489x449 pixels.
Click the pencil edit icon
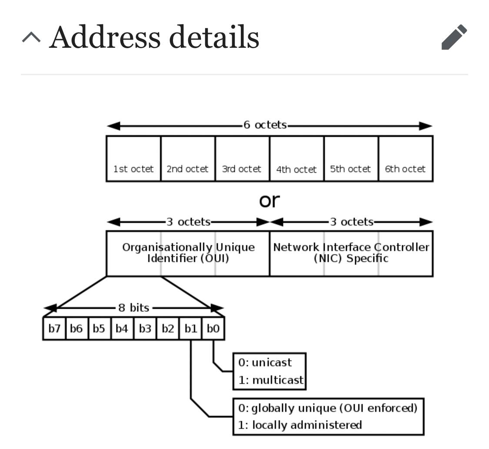454,37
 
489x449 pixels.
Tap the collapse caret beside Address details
31,37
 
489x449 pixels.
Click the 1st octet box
133,158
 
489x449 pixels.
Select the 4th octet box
296,158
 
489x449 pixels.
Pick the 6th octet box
406,158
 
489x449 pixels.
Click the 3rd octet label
241,169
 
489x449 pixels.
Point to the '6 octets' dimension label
265,125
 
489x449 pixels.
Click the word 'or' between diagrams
269,201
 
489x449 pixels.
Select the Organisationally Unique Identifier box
188,253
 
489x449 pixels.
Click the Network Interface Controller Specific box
352,253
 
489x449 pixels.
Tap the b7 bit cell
54,328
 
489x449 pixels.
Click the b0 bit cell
213,328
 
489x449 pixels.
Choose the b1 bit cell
191,328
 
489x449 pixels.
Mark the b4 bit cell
122,328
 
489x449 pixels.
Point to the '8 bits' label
134,308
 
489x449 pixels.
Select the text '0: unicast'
265,363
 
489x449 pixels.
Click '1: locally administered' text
300,425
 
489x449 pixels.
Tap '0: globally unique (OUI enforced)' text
328,408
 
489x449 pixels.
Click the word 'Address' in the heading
105,37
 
